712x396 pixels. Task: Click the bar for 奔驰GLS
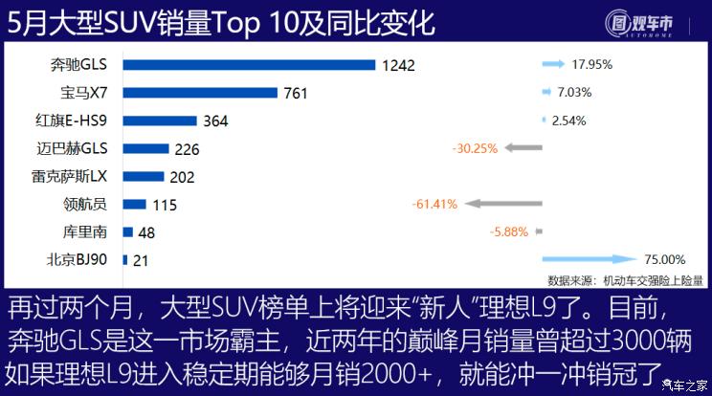point(249,65)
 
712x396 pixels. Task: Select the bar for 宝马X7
point(200,93)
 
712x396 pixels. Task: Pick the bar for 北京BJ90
point(125,259)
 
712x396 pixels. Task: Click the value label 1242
point(397,65)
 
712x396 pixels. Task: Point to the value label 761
point(296,93)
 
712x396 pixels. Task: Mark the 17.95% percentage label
point(591,64)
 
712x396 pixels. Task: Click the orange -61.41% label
point(434,204)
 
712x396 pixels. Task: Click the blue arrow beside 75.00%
point(589,259)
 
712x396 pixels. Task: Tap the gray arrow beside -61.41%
point(503,204)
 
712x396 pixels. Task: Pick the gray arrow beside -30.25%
point(523,148)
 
